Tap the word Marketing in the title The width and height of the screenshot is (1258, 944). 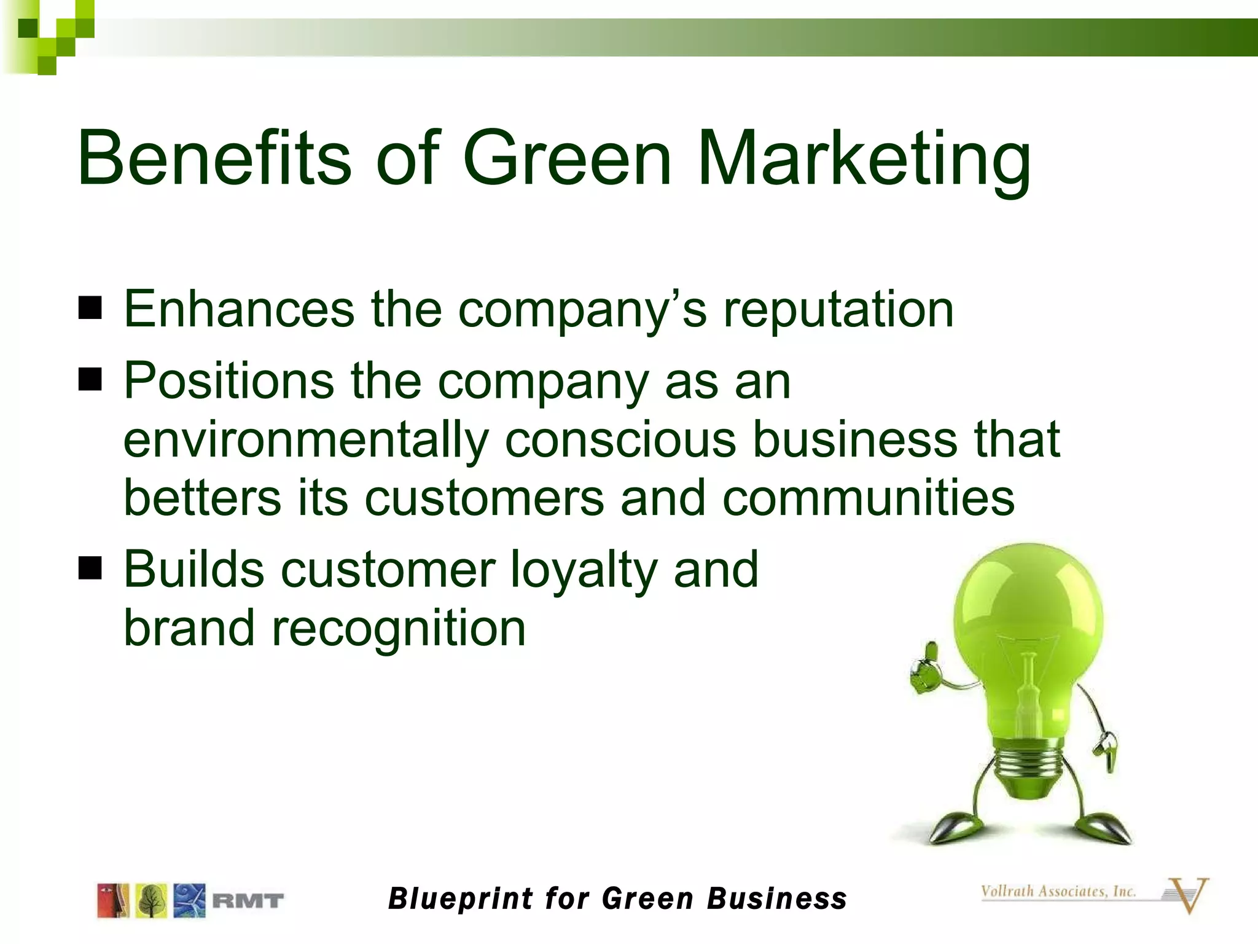[864, 159]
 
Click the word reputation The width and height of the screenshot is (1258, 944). [838, 310]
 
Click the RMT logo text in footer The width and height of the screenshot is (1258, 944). [248, 901]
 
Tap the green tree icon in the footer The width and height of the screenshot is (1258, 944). [151, 901]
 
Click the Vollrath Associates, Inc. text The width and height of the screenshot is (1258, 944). [1058, 891]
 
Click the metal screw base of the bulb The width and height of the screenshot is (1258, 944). [1027, 768]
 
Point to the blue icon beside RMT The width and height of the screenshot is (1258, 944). [189, 901]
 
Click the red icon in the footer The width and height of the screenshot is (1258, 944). [113, 901]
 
